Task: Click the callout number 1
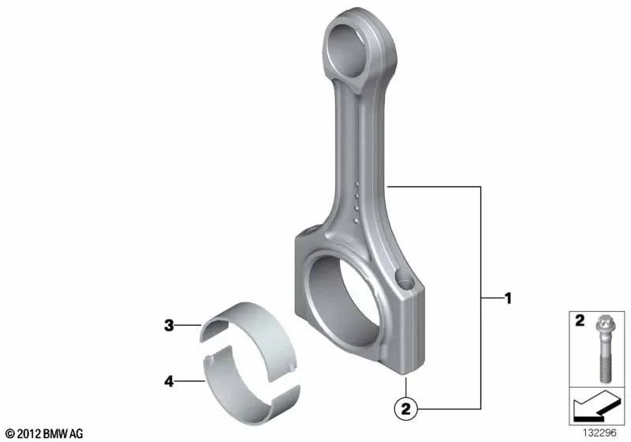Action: click(x=509, y=298)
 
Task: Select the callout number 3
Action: click(x=168, y=324)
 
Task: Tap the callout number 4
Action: click(x=168, y=381)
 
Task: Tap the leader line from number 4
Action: click(x=189, y=381)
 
